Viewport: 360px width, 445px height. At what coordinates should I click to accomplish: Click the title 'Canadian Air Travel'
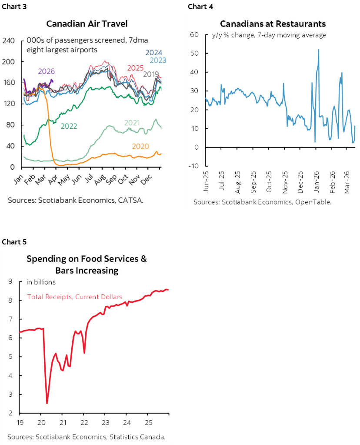87,23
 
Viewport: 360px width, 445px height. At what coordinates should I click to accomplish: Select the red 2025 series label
135,68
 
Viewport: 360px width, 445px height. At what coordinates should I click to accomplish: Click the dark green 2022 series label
70,126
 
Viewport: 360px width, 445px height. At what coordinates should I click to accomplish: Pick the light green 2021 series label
133,123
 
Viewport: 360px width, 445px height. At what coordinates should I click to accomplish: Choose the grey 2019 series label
150,74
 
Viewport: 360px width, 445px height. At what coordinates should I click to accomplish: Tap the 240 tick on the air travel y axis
9,41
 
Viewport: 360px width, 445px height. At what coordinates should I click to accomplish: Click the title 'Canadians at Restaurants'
273,23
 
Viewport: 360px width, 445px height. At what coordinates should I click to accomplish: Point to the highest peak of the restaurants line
319,49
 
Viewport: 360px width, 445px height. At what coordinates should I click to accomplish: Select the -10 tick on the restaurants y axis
194,166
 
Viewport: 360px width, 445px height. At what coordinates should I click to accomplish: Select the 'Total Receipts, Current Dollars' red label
74,297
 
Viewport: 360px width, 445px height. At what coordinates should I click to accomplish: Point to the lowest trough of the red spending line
47,403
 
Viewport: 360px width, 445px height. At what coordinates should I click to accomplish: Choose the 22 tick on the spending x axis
84,422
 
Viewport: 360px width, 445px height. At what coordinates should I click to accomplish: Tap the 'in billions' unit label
41,282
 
